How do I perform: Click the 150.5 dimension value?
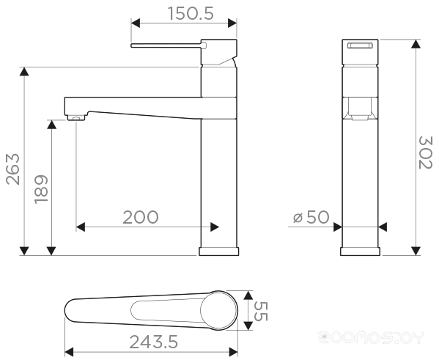191,13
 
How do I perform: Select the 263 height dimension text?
13,169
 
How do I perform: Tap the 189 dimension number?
41,189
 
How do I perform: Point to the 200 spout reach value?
141,217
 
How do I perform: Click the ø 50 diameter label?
311,217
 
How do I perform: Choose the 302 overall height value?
426,153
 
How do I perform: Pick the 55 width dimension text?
261,312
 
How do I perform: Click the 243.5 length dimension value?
154,342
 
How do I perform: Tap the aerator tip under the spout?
75,118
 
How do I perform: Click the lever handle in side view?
167,45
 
